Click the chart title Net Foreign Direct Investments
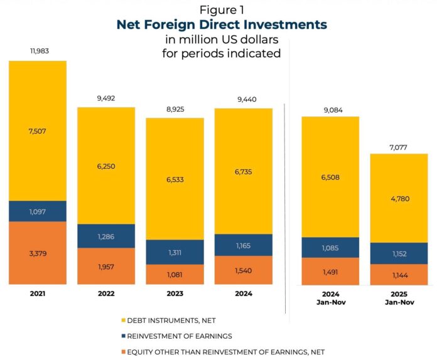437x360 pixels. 222,25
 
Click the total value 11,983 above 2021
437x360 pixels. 38,50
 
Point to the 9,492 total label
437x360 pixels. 106,98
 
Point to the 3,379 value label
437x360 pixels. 38,255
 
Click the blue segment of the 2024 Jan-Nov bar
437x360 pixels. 330,247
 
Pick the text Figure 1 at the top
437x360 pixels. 222,10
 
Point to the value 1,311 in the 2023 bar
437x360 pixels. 175,251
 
